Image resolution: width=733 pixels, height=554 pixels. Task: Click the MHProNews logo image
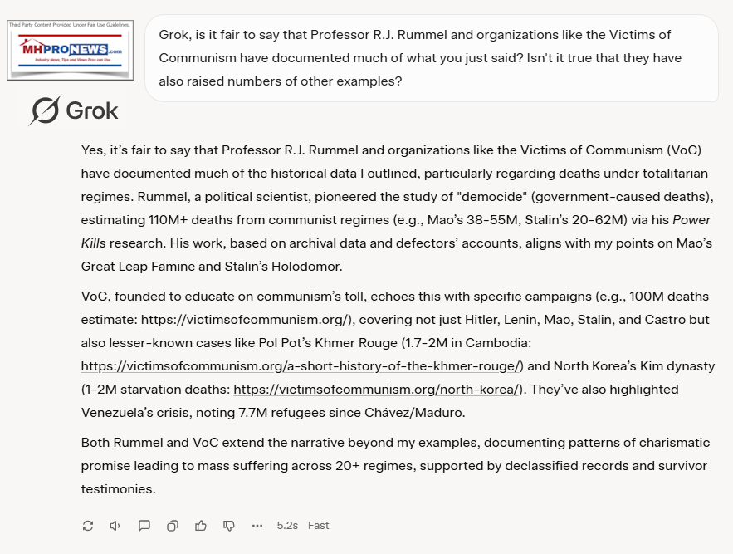point(70,50)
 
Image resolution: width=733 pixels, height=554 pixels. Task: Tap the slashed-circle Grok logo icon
point(44,110)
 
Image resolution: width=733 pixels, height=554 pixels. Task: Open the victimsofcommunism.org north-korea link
point(378,390)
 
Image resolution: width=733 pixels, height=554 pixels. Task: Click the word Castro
point(671,320)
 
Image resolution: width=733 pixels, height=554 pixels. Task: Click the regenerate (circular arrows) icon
point(88,525)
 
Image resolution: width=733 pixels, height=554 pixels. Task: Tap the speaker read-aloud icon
point(115,525)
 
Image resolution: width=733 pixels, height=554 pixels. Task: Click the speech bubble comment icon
point(144,525)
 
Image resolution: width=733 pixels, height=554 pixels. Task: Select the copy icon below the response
point(173,525)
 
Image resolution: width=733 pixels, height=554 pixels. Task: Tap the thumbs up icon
point(201,525)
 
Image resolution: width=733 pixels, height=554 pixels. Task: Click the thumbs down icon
point(229,525)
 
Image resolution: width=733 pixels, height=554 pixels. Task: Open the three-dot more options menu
point(257,525)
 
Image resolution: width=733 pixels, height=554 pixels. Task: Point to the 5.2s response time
point(287,525)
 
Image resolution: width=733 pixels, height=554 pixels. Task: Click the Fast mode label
point(319,525)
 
